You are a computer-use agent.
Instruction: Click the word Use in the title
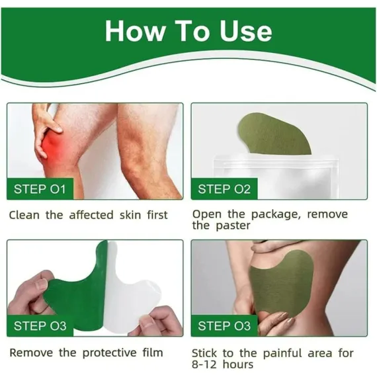point(246,31)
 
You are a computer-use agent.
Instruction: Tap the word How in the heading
point(136,31)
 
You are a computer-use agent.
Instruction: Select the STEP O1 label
point(40,189)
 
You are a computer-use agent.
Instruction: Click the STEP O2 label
point(224,189)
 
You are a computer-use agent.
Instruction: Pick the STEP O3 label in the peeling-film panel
point(40,326)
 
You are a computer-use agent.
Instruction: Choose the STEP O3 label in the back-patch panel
point(224,326)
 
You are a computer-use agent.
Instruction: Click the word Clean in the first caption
point(24,215)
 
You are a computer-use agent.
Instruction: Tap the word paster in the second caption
point(233,226)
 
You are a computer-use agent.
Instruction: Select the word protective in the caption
point(110,353)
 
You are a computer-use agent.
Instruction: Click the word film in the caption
point(153,353)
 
